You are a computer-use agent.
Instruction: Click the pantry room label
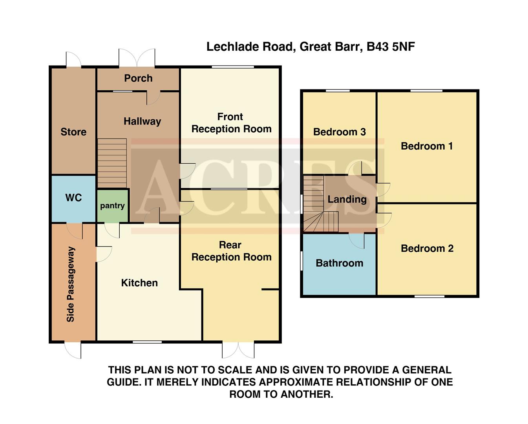pos(112,206)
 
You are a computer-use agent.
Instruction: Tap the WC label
pos(73,197)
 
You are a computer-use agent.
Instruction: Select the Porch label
pos(138,78)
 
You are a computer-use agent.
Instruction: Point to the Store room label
pos(73,132)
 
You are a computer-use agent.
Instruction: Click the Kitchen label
pos(139,283)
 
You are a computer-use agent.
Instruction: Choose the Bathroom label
pos(340,263)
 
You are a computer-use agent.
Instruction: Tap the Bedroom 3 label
pos(340,132)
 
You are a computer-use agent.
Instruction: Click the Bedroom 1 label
pos(427,146)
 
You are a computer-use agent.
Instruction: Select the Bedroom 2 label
pos(427,248)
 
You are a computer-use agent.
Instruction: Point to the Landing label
pos(347,199)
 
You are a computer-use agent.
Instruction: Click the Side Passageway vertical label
pos(71,284)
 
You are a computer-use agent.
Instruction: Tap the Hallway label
pos(142,121)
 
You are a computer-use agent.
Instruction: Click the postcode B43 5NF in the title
pos(391,47)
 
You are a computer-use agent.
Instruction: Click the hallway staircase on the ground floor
pos(112,163)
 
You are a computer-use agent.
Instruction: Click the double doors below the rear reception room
pos(238,350)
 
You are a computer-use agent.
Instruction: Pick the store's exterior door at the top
pos(73,60)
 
